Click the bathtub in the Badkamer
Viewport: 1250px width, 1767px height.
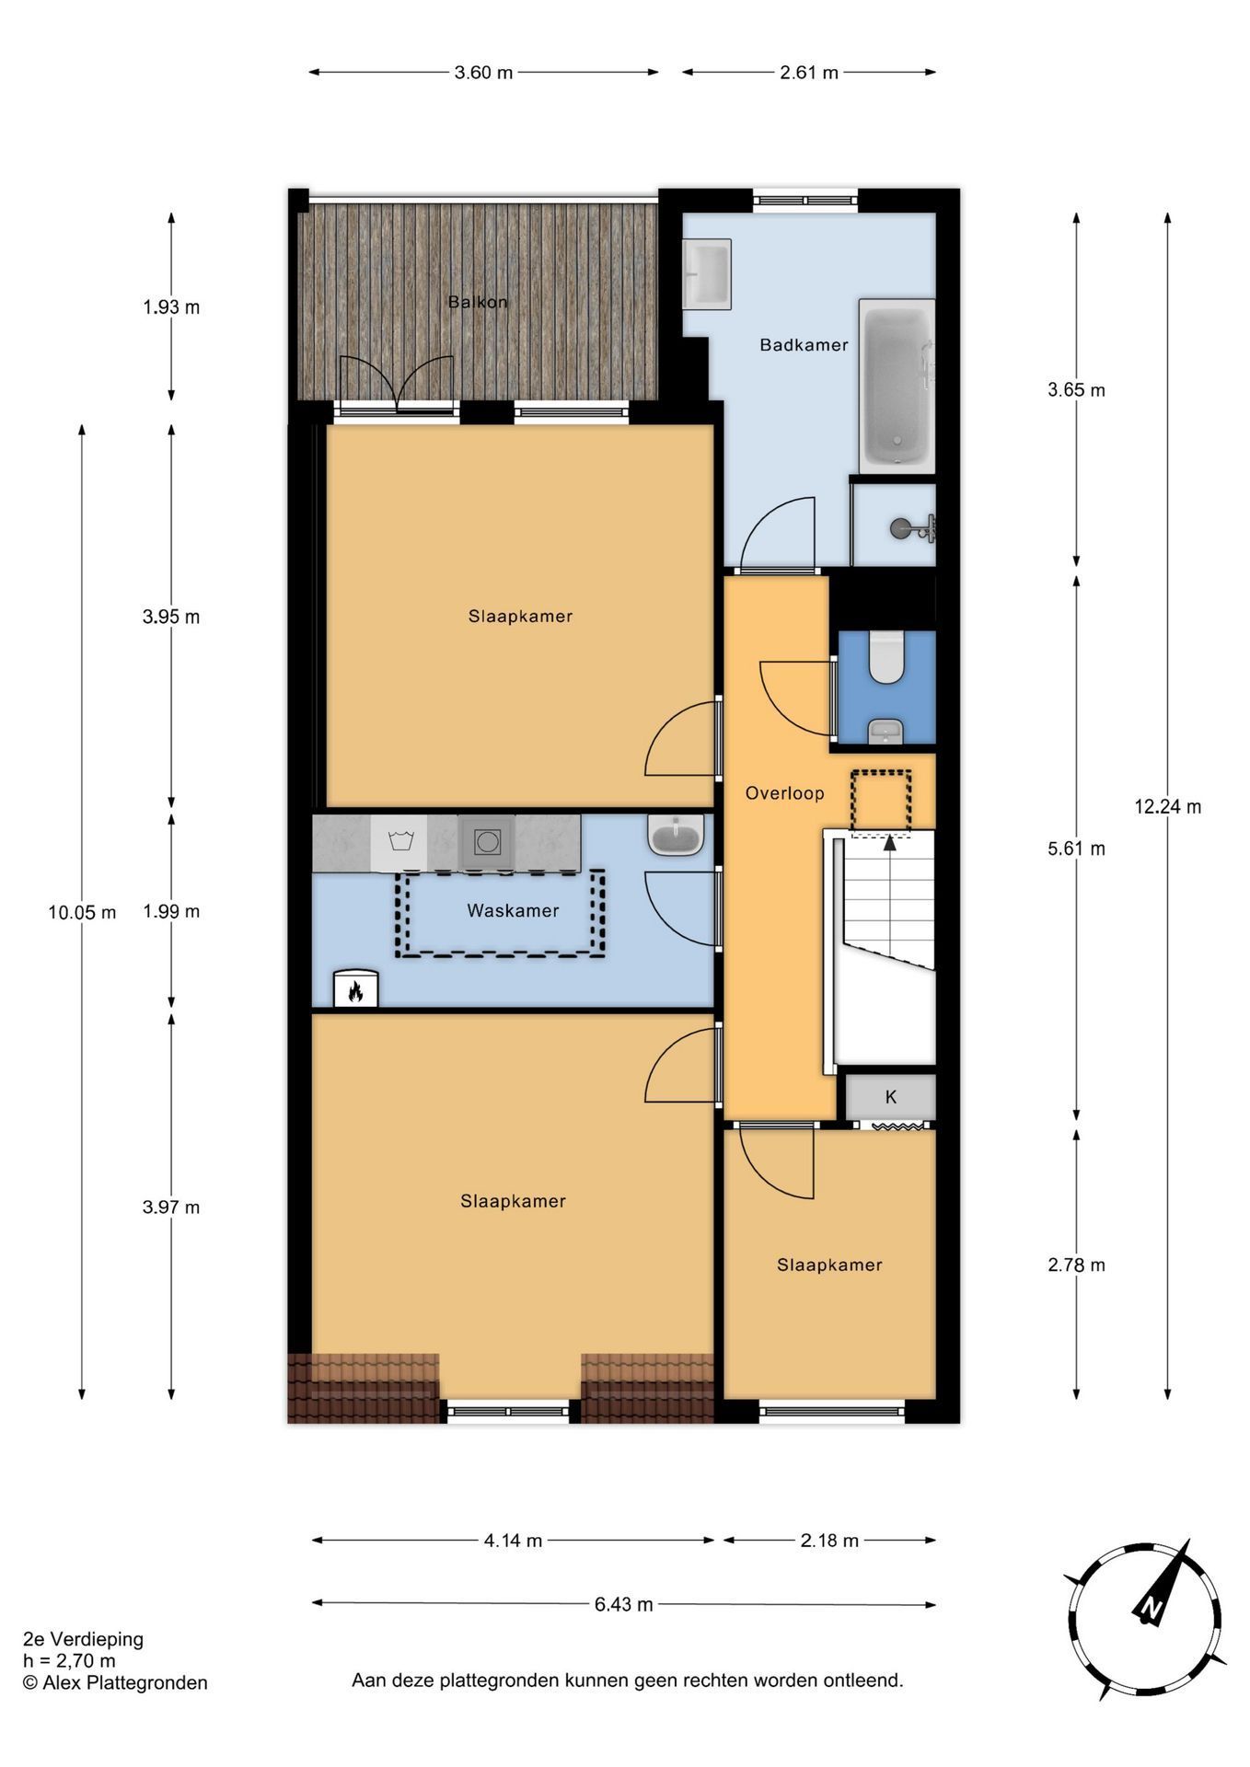pyautogui.click(x=897, y=386)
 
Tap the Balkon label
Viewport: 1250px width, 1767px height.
pyautogui.click(x=478, y=302)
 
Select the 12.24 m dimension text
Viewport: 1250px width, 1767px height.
pyautogui.click(x=1167, y=806)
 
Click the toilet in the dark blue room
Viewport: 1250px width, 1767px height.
pyautogui.click(x=887, y=656)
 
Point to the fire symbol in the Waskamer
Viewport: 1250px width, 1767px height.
pyautogui.click(x=354, y=990)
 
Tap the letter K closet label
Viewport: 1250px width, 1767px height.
pyautogui.click(x=891, y=1097)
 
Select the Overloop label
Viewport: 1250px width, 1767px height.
pyautogui.click(x=784, y=793)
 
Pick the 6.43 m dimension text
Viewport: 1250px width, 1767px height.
pyautogui.click(x=623, y=1604)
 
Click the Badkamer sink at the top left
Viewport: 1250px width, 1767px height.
pyautogui.click(x=707, y=274)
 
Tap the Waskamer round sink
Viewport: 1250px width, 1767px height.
pyautogui.click(x=676, y=835)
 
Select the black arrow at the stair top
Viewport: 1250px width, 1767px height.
pyautogui.click(x=890, y=840)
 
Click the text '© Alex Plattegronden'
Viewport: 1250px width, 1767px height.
pyautogui.click(x=115, y=1682)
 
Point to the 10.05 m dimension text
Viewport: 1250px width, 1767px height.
pyautogui.click(x=82, y=912)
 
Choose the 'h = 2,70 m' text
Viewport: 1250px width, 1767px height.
pyautogui.click(x=70, y=1660)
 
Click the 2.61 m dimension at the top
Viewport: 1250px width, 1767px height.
pyautogui.click(x=809, y=73)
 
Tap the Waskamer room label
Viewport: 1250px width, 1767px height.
pyautogui.click(x=513, y=910)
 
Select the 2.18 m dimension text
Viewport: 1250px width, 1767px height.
pyautogui.click(x=829, y=1540)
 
